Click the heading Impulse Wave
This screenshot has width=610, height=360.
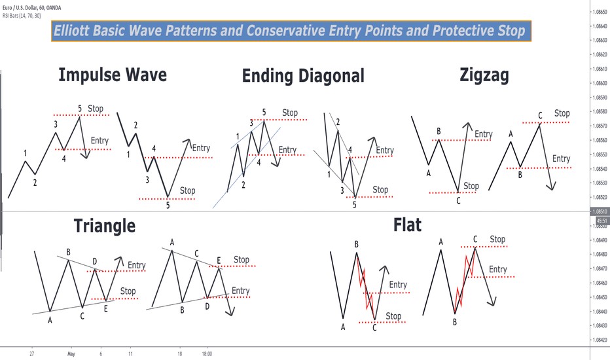(x=112, y=75)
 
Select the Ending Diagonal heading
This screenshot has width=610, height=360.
(x=302, y=76)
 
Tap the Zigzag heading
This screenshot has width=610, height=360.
(x=484, y=76)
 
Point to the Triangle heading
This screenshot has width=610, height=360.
(x=105, y=226)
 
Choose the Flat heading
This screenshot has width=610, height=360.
(x=407, y=226)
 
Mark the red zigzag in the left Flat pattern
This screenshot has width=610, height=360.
(x=367, y=287)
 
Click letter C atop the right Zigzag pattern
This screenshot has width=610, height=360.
(x=540, y=116)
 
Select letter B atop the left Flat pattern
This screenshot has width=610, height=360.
(x=357, y=244)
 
